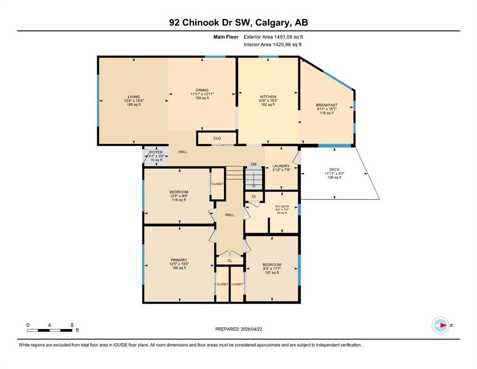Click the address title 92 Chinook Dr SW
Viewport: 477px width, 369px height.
(x=209, y=23)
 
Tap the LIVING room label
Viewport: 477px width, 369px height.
(x=134, y=97)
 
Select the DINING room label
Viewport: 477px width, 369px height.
(x=202, y=90)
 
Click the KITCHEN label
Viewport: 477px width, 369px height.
(x=268, y=97)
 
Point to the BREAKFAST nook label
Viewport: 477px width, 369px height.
(x=327, y=105)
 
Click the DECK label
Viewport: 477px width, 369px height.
(x=334, y=170)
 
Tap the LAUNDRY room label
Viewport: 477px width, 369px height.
(x=281, y=166)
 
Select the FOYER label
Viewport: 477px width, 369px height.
(x=157, y=152)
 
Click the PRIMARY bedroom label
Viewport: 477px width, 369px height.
(x=179, y=260)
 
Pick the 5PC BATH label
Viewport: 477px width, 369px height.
(x=281, y=207)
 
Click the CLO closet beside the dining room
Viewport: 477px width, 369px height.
(x=217, y=138)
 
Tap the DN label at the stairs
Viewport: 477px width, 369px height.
(x=254, y=164)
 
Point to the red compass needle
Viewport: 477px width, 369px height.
(x=443, y=325)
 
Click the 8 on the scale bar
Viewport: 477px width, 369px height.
(x=72, y=325)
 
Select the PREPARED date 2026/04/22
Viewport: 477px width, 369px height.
(x=251, y=329)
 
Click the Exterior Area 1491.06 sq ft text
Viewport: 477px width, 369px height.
(x=273, y=37)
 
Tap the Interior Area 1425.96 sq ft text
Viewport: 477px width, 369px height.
(x=272, y=44)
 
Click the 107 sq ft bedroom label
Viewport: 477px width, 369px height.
(x=272, y=272)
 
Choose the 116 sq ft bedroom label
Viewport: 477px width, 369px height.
(x=179, y=200)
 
